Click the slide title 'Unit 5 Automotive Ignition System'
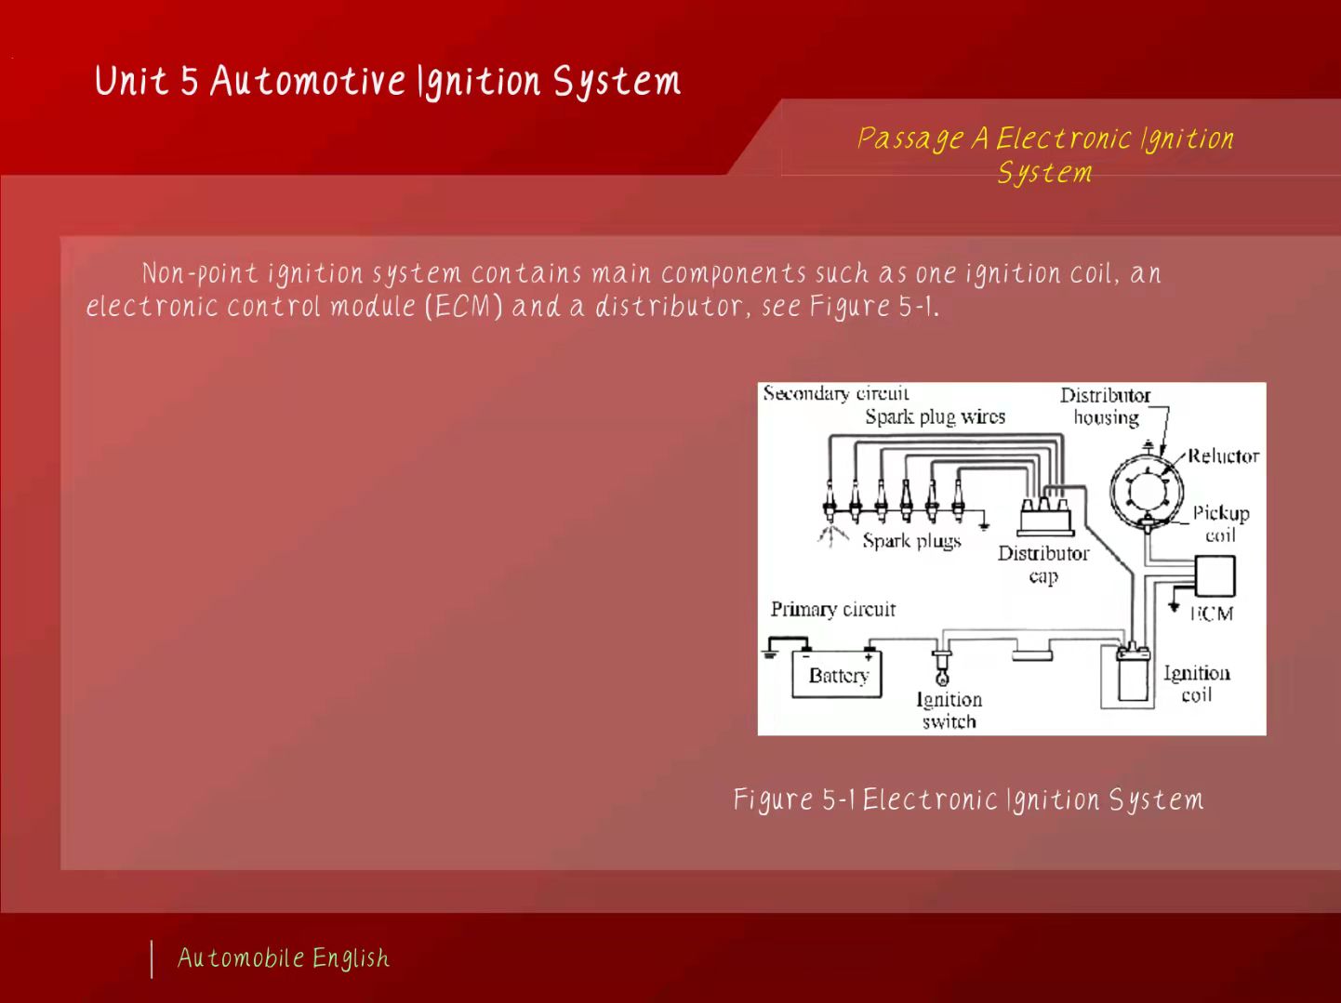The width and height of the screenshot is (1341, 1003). [387, 82]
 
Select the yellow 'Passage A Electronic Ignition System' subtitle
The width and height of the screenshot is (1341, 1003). [1045, 155]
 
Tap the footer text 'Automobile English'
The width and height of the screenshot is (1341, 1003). [284, 958]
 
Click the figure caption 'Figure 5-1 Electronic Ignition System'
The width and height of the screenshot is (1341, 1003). [968, 800]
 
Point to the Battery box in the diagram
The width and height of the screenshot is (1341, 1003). [837, 676]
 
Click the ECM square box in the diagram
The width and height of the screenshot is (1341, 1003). [1215, 576]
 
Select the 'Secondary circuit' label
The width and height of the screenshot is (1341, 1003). [836, 393]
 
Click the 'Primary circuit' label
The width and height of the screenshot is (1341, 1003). [832, 610]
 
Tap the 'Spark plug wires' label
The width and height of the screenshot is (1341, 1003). [935, 417]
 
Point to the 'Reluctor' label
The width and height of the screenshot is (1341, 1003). [1223, 455]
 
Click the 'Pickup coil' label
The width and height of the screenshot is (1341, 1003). [1220, 523]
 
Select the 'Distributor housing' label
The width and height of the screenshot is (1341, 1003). [1105, 406]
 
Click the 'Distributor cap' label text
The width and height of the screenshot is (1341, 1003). [1042, 564]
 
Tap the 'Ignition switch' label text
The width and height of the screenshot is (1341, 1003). [949, 710]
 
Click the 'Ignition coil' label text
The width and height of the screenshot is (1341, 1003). [1196, 683]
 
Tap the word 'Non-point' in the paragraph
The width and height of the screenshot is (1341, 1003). [198, 274]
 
